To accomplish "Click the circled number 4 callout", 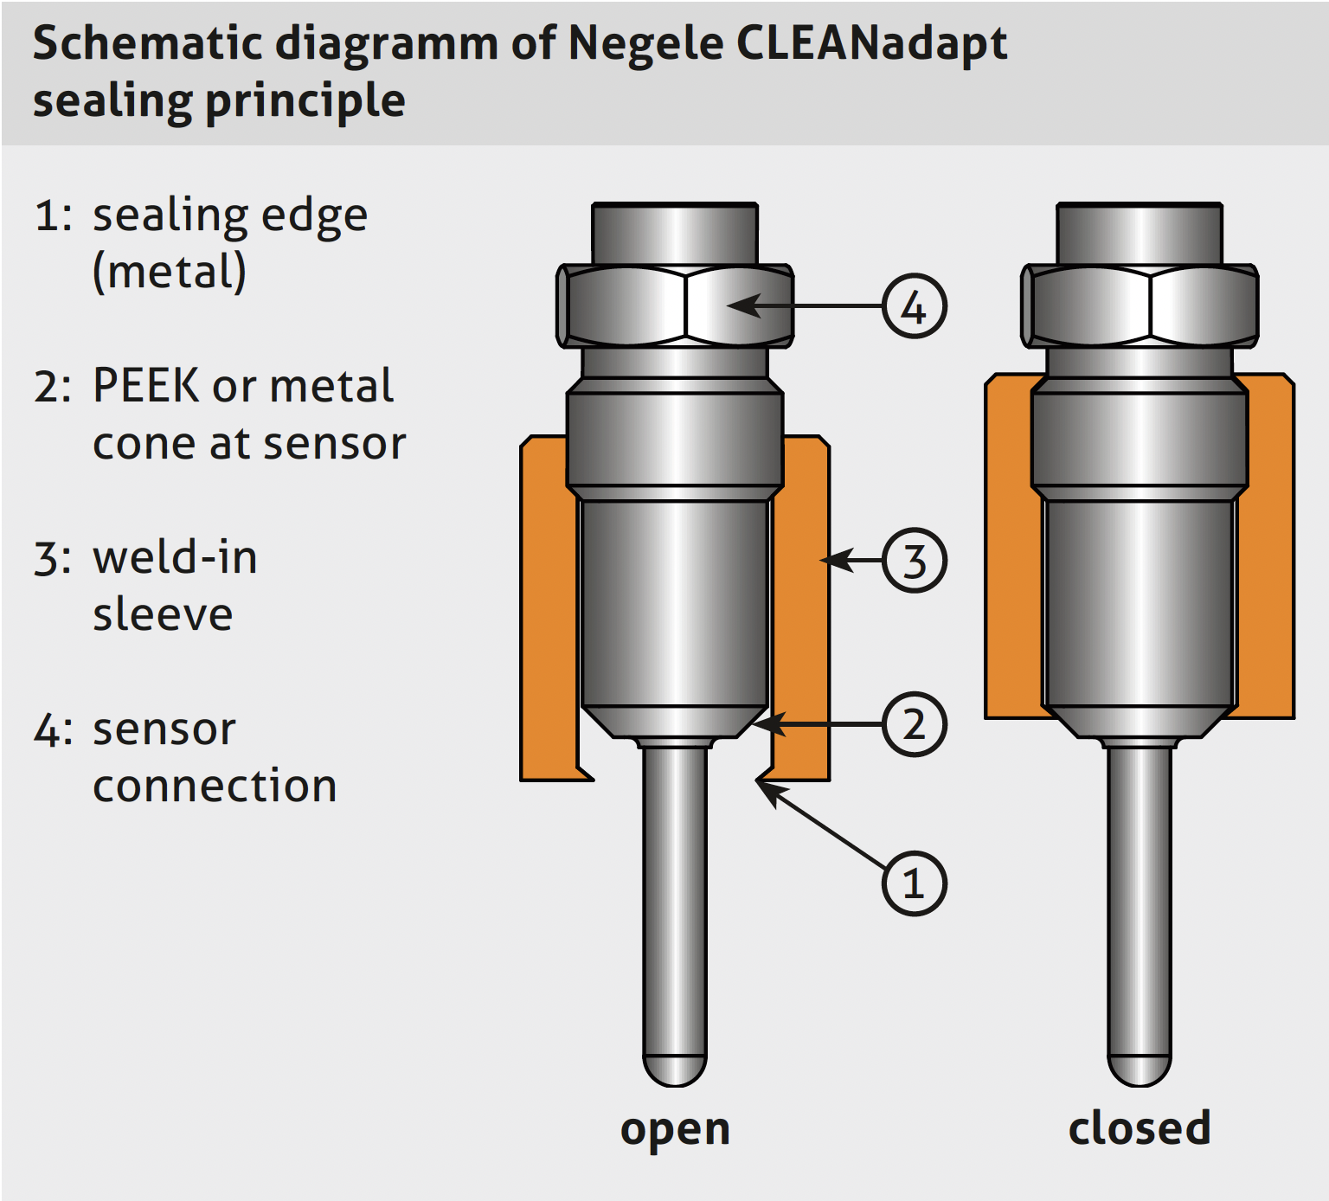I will [914, 306].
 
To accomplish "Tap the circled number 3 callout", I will [914, 560].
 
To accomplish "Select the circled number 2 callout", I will [914, 724].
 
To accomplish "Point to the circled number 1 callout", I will [914, 883].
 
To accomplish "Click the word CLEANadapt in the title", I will [871, 43].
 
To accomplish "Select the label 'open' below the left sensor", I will [675, 1129].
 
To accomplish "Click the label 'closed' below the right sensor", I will [1139, 1128].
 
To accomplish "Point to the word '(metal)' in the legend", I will [170, 272].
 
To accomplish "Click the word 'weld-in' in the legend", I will [175, 557].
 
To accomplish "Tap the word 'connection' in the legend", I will [215, 786].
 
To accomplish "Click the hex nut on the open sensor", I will [674, 306].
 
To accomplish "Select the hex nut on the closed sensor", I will [1140, 306].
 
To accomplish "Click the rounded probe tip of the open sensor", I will [675, 1071].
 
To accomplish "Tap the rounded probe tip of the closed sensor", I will [1140, 1071].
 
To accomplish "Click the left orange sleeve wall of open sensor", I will [548, 606].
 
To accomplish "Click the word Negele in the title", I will [645, 43].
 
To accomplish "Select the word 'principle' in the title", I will [305, 101].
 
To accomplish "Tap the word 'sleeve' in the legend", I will [163, 614].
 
